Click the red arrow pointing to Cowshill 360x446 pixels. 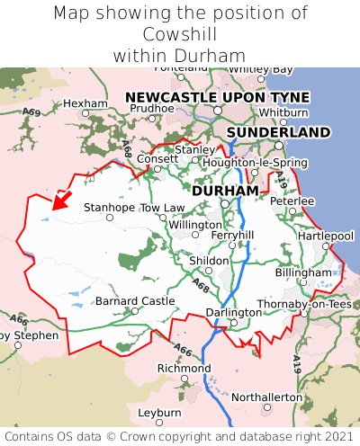[x=61, y=199]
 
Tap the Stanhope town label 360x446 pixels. [x=109, y=208]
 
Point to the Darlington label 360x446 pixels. [x=233, y=312]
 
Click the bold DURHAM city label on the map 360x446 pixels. [x=225, y=191]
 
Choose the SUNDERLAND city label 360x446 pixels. [x=278, y=132]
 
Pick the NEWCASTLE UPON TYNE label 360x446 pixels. [x=217, y=97]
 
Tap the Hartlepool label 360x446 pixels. [x=325, y=236]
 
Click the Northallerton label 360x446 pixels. [x=267, y=397]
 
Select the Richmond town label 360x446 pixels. [x=184, y=369]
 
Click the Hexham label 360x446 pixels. [x=85, y=103]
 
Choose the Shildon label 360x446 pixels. [x=208, y=260]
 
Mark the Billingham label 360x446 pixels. [x=303, y=272]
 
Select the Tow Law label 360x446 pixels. [x=162, y=208]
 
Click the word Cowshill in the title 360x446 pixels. [x=180, y=34]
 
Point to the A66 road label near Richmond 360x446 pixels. [x=183, y=350]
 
